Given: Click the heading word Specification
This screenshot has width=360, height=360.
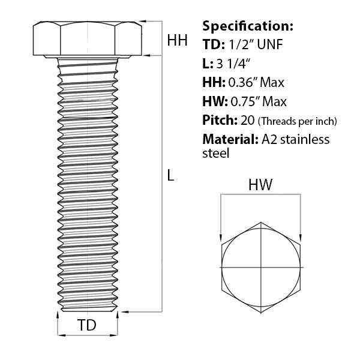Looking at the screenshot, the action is (x=248, y=26).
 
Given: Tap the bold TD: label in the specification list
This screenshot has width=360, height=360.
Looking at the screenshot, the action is (x=214, y=44).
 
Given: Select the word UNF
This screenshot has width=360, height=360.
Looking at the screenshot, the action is (x=270, y=44).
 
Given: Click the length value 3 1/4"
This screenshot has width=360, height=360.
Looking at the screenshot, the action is (x=233, y=64).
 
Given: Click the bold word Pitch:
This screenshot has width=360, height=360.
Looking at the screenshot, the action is (x=220, y=121).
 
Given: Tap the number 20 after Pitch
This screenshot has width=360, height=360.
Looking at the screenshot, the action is (x=247, y=121).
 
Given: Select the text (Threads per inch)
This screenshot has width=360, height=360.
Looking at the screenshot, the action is (x=298, y=121).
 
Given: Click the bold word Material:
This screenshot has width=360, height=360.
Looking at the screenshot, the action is (x=230, y=139).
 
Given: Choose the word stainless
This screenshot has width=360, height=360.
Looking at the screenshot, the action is (x=305, y=139).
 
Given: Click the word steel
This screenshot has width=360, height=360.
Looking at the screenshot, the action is (x=216, y=153).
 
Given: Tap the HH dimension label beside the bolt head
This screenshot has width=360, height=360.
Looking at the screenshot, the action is (x=177, y=40).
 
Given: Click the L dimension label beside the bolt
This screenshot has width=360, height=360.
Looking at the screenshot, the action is (x=170, y=175).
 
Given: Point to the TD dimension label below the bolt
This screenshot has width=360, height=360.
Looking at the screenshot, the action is (x=87, y=325).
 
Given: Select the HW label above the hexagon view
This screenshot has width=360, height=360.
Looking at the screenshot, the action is (x=260, y=184).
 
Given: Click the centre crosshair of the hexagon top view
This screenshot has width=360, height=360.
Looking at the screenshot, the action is (x=261, y=267).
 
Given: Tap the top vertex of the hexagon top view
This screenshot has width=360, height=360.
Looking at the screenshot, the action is (x=261, y=222).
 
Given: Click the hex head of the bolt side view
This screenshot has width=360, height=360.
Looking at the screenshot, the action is (x=88, y=38).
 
